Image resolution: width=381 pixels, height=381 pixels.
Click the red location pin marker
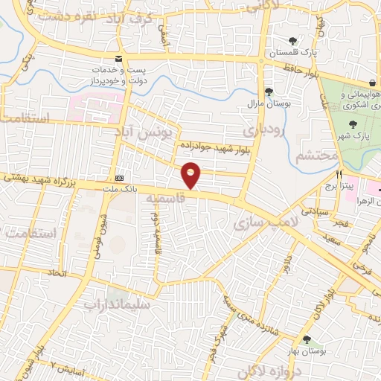[191, 174]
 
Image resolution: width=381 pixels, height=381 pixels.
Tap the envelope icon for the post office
[118, 58]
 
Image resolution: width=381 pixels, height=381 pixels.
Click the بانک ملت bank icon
[120, 179]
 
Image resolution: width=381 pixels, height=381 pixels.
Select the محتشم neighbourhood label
[316, 156]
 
